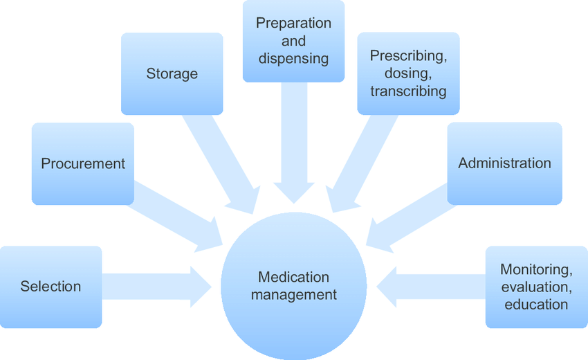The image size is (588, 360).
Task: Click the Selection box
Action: click(50, 287)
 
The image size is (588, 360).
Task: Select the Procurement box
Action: click(83, 164)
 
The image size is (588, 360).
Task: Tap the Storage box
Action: click(172, 73)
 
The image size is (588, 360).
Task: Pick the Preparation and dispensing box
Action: click(293, 41)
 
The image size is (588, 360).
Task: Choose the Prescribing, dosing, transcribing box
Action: click(408, 73)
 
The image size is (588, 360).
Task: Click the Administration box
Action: click(504, 163)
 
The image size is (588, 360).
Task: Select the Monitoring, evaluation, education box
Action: click(536, 287)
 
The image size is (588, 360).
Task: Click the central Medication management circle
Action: click(293, 286)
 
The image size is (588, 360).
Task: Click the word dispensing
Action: click(293, 58)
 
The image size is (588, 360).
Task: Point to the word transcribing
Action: click(408, 91)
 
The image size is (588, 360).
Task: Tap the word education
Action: click(536, 305)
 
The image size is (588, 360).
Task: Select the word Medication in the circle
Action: click(293, 277)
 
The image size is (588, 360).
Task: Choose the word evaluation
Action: click(536, 287)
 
